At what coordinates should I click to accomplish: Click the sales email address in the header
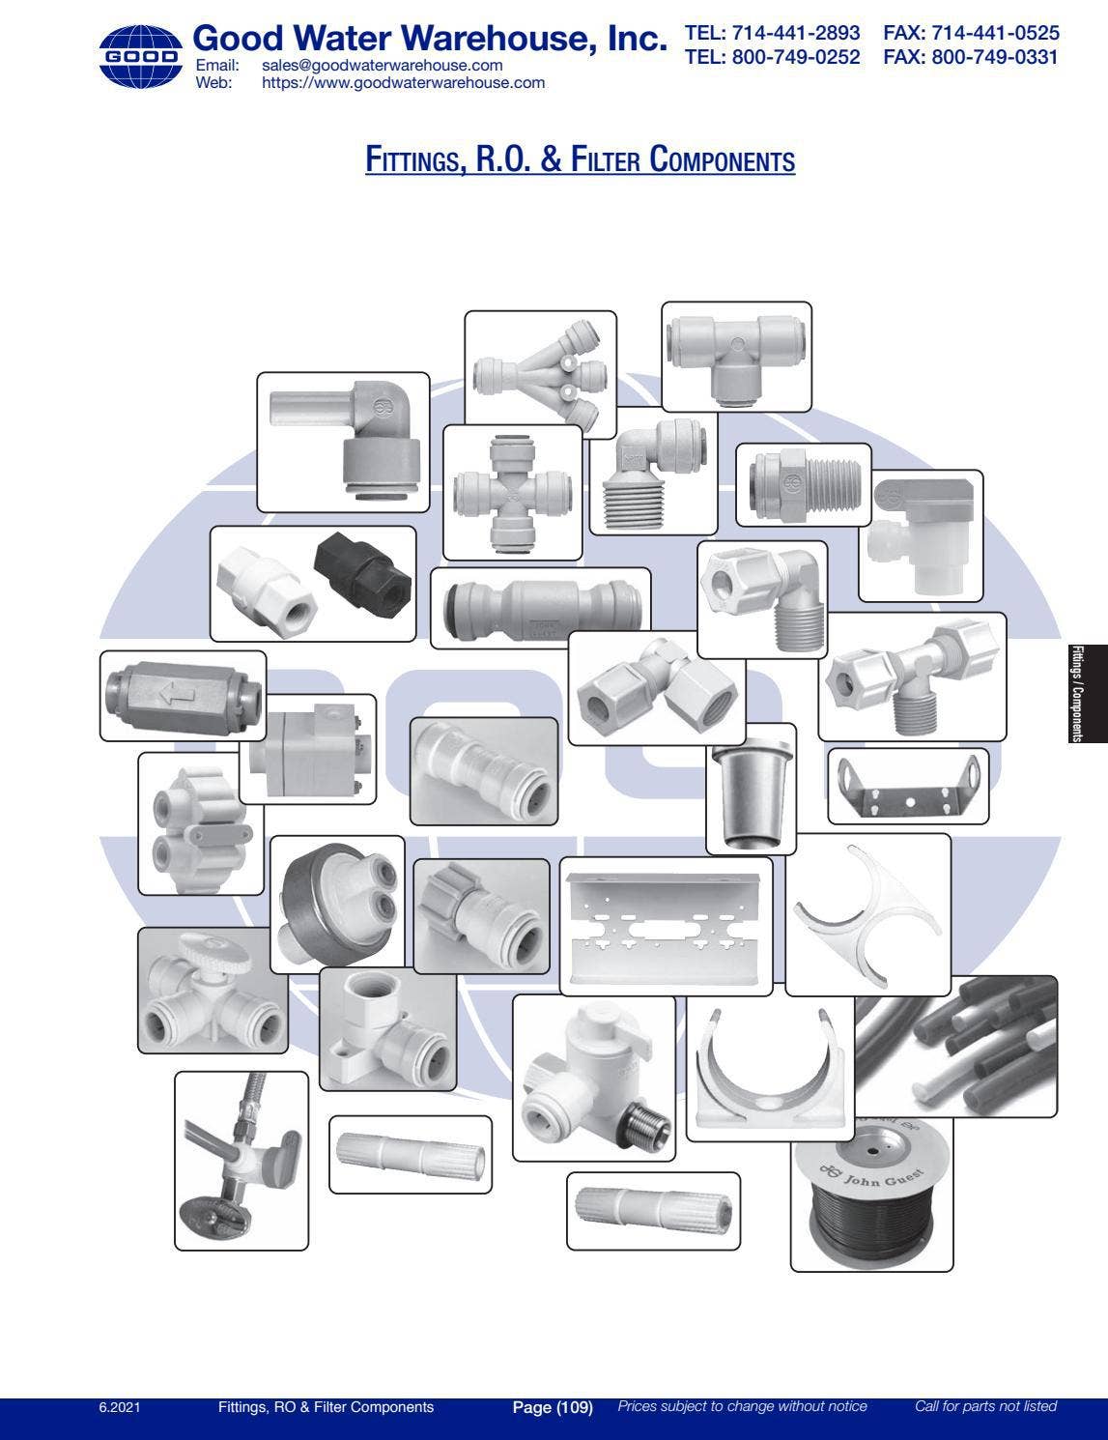click(x=382, y=66)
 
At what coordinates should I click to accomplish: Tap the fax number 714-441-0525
click(x=971, y=33)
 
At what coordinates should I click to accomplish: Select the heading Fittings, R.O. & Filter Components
click(x=580, y=158)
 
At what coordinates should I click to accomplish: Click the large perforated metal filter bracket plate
click(x=666, y=925)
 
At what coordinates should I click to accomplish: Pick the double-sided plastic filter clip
click(x=867, y=913)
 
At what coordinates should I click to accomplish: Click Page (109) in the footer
click(x=552, y=1407)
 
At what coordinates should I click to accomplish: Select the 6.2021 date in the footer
click(x=119, y=1407)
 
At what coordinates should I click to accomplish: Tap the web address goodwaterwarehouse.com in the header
click(x=403, y=83)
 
